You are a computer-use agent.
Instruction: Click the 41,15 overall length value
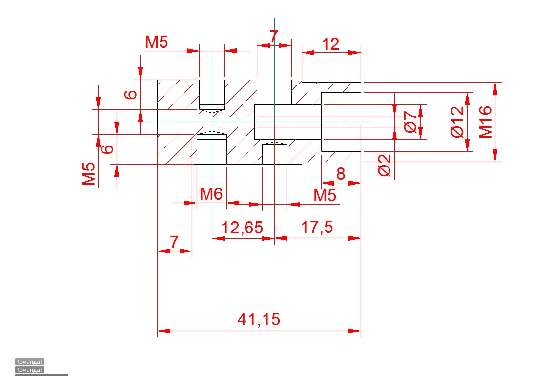click(259, 320)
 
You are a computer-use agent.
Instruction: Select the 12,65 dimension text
click(242, 228)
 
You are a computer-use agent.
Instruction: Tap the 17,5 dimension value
click(317, 228)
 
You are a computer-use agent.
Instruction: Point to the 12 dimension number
click(330, 44)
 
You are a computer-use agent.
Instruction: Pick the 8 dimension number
click(341, 174)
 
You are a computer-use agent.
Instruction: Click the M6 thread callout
click(211, 194)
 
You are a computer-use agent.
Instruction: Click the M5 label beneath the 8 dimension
click(325, 196)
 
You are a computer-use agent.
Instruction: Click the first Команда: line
click(30, 362)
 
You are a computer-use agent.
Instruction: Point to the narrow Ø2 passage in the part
click(223, 122)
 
